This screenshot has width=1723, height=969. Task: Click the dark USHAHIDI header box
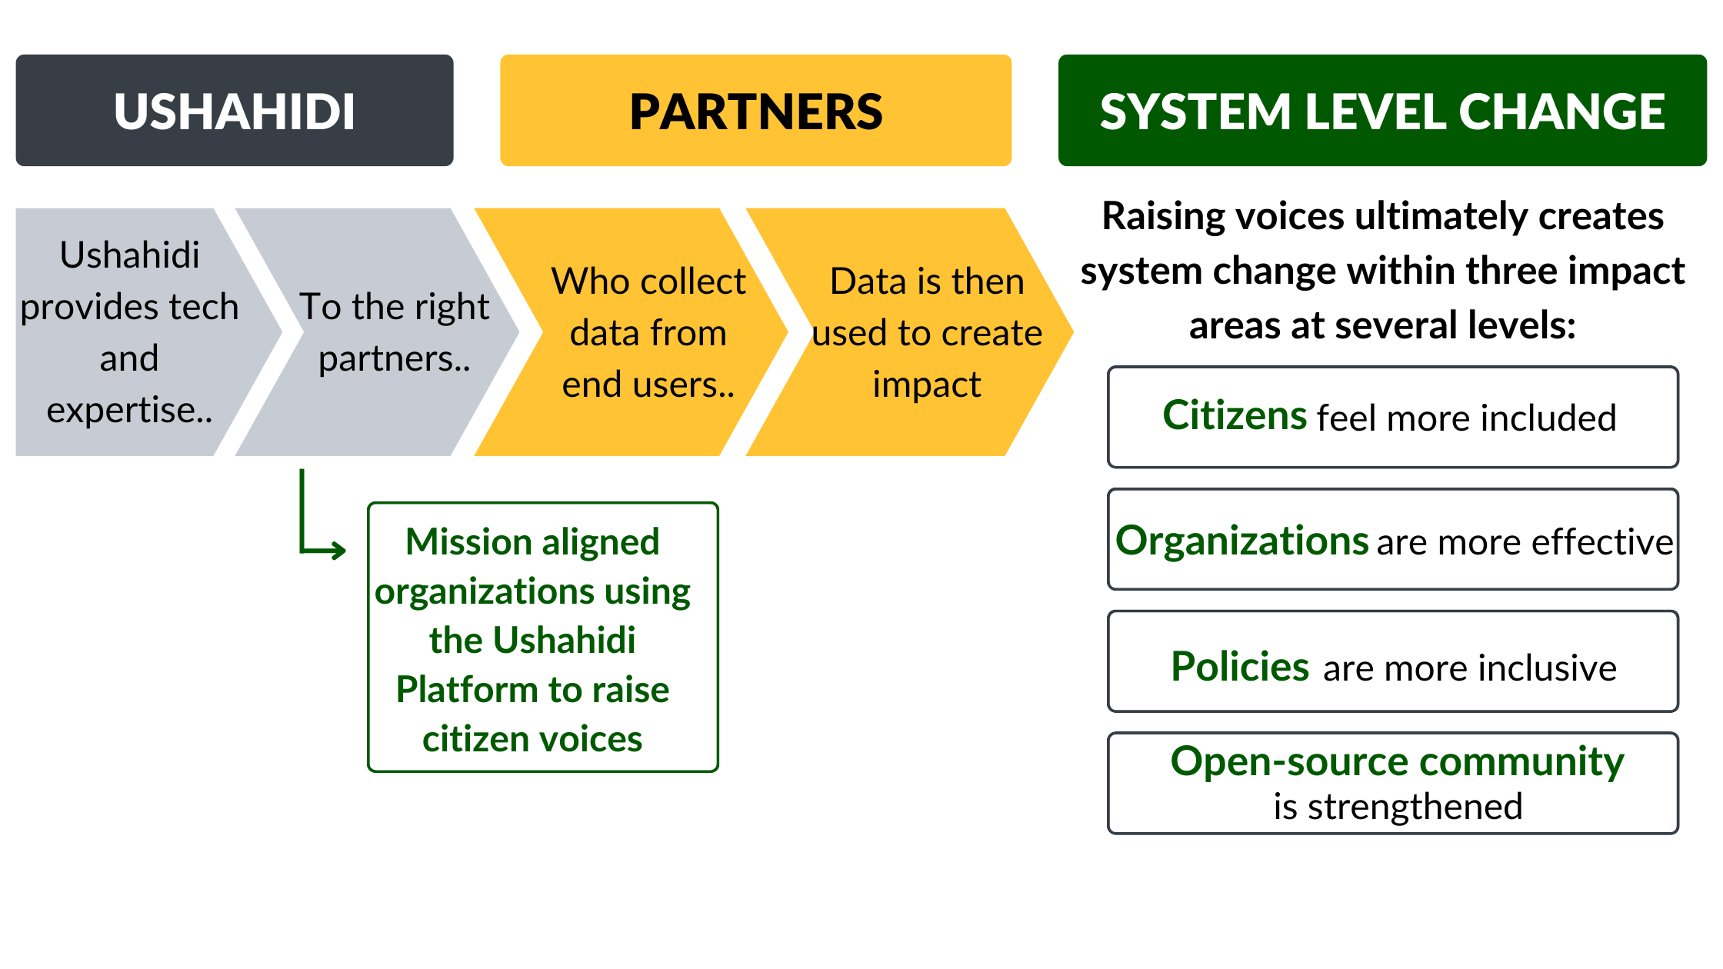coord(235,110)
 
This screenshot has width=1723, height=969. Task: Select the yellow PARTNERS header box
coord(755,110)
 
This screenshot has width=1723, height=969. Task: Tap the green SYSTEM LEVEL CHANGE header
coord(1382,110)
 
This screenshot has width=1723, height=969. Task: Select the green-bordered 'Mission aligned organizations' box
coord(543,638)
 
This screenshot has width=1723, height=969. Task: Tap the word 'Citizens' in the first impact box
coord(1235,415)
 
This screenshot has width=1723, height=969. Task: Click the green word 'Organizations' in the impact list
coord(1241,540)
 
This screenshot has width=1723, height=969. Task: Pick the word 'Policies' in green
coord(1240,666)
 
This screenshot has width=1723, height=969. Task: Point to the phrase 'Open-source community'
coord(1397,761)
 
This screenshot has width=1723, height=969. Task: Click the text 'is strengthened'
coord(1398,807)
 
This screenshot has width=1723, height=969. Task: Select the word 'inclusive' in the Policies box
coord(1545,668)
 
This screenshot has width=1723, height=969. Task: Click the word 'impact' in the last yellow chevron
coord(927,385)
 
